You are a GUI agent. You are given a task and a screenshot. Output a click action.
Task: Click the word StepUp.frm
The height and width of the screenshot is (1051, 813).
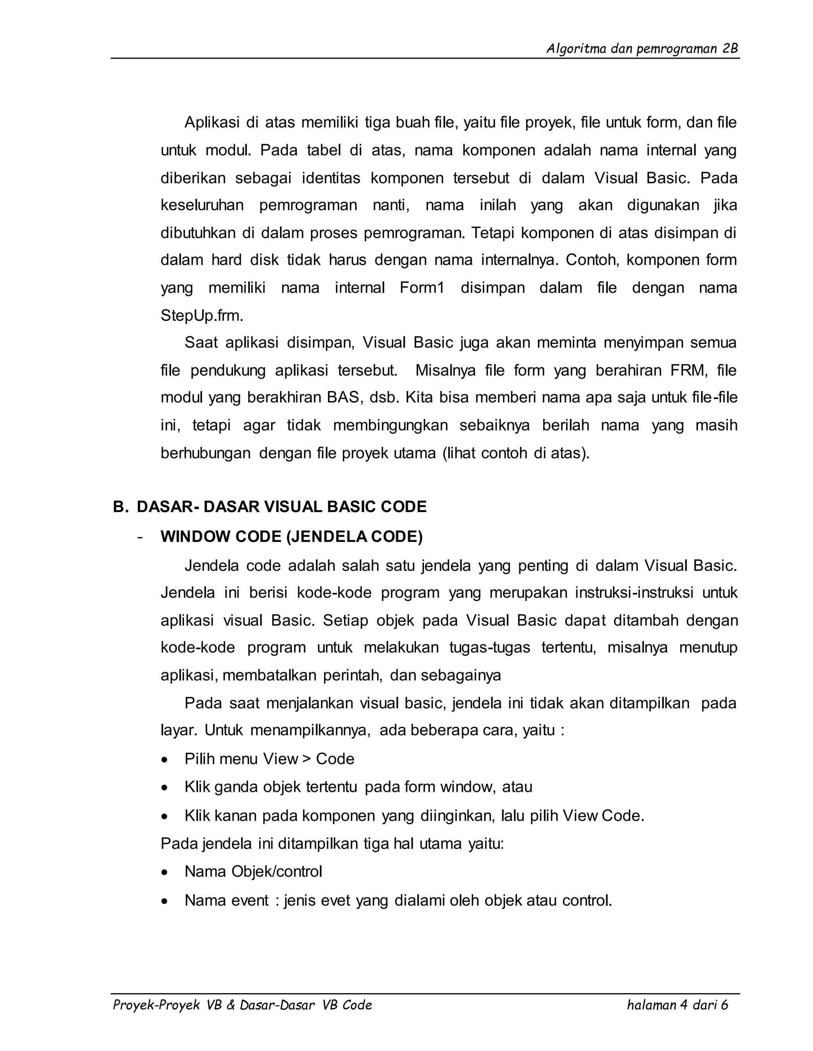pyautogui.click(x=202, y=316)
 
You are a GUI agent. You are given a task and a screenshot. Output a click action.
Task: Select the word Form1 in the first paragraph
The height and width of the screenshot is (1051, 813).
pyautogui.click(x=422, y=288)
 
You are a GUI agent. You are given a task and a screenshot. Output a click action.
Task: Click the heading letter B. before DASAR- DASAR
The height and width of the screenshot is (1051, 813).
pyautogui.click(x=120, y=507)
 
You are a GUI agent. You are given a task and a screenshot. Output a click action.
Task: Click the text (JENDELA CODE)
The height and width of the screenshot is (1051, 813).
pyautogui.click(x=354, y=537)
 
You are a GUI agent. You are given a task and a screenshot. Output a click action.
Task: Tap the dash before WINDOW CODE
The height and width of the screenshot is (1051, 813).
pyautogui.click(x=140, y=537)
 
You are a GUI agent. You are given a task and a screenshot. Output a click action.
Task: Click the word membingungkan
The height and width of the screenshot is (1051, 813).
pyautogui.click(x=390, y=426)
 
